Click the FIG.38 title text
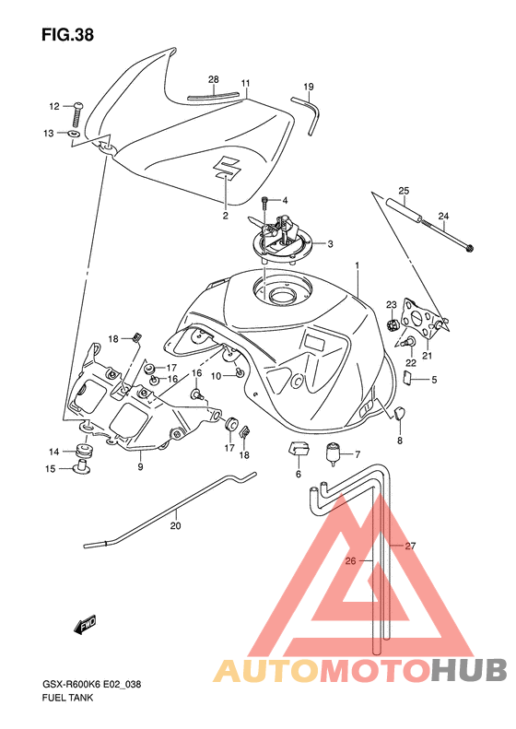[x=67, y=35]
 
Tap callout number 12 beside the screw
[x=54, y=107]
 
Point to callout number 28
[x=214, y=79]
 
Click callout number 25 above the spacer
[x=404, y=191]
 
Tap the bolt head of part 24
[x=470, y=248]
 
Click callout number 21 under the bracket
[x=428, y=356]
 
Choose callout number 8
[x=400, y=441]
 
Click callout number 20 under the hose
[x=176, y=526]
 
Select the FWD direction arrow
[x=85, y=625]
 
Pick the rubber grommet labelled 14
[x=85, y=450]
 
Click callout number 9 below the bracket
[x=140, y=466]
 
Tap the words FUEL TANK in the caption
[x=67, y=698]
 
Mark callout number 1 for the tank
[x=358, y=265]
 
